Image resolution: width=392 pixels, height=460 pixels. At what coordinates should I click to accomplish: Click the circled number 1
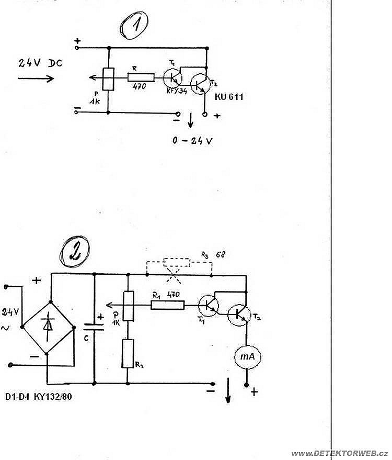pyautogui.click(x=134, y=25)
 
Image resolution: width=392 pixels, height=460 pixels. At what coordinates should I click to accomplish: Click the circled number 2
pyautogui.click(x=74, y=251)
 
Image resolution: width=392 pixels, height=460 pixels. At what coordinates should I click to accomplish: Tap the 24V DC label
pyautogui.click(x=40, y=63)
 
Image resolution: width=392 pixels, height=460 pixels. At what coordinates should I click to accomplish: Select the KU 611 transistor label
pyautogui.click(x=229, y=97)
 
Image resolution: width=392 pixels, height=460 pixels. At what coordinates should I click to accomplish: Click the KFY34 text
pyautogui.click(x=177, y=91)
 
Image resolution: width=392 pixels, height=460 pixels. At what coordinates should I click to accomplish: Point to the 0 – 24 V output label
pyautogui.click(x=192, y=141)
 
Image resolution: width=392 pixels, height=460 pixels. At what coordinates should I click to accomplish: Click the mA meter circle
pyautogui.click(x=248, y=356)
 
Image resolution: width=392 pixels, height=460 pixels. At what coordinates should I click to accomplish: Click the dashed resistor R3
pyautogui.click(x=176, y=263)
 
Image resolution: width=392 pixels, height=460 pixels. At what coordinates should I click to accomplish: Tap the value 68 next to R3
pyautogui.click(x=221, y=254)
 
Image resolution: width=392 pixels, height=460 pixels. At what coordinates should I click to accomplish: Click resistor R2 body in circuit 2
pyautogui.click(x=128, y=353)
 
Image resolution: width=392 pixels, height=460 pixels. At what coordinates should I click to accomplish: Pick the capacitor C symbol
pyautogui.click(x=94, y=327)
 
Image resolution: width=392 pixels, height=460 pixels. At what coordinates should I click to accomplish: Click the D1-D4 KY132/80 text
pyautogui.click(x=38, y=397)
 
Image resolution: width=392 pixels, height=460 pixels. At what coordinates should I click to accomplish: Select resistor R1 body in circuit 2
pyautogui.click(x=168, y=305)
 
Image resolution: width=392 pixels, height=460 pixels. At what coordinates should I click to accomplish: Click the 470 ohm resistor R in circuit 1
pyautogui.click(x=141, y=77)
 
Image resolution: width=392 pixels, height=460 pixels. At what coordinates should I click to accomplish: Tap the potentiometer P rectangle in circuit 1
pyautogui.click(x=108, y=79)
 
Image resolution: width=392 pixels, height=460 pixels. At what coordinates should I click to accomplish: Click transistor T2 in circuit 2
pyautogui.click(x=239, y=315)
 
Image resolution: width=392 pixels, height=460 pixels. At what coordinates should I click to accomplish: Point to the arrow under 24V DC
pyautogui.click(x=36, y=78)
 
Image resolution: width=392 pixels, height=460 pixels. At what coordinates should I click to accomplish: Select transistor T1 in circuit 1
pyautogui.click(x=172, y=78)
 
